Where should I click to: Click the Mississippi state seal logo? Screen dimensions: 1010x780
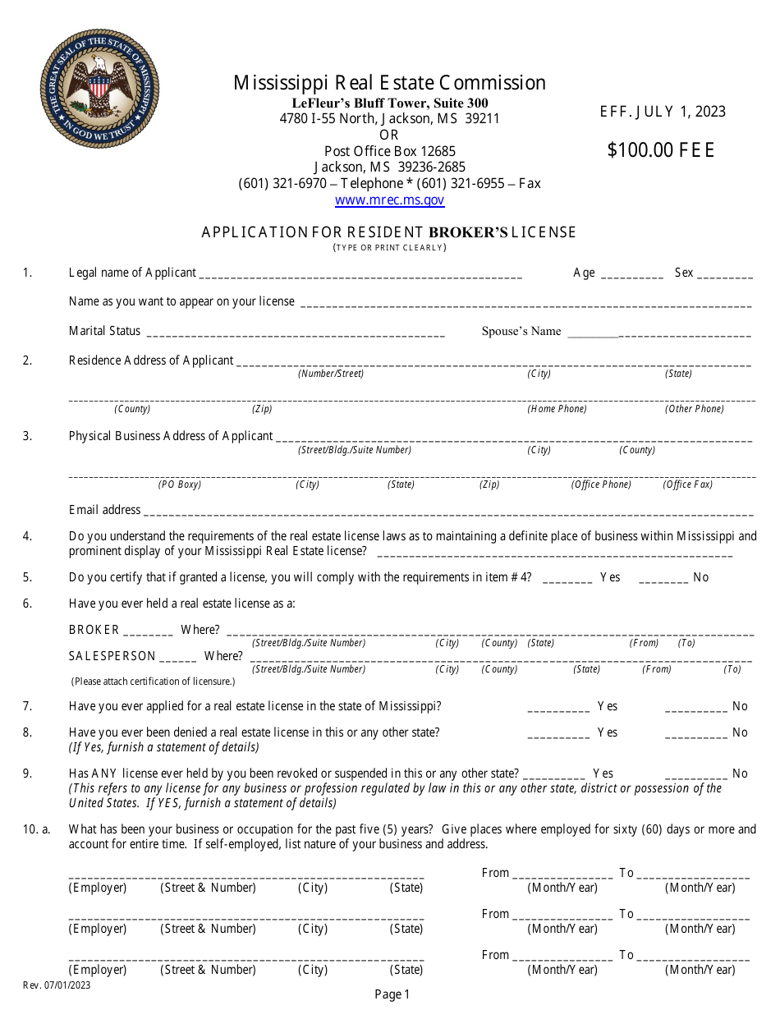tap(99, 89)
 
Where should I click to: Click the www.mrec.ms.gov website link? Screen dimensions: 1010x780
tap(389, 200)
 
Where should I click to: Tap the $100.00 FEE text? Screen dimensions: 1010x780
tap(661, 150)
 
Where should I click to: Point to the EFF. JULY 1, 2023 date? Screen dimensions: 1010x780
tap(663, 112)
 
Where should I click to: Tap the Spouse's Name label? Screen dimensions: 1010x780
tap(521, 331)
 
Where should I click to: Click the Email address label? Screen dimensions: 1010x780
tap(104, 510)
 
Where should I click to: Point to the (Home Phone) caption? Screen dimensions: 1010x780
tap(557, 409)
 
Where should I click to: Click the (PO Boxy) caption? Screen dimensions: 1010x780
tap(180, 484)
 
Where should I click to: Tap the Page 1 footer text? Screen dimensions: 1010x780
tap(392, 994)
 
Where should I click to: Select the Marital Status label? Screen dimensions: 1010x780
tap(104, 331)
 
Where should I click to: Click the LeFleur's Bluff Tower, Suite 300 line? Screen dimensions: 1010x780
tap(389, 103)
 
